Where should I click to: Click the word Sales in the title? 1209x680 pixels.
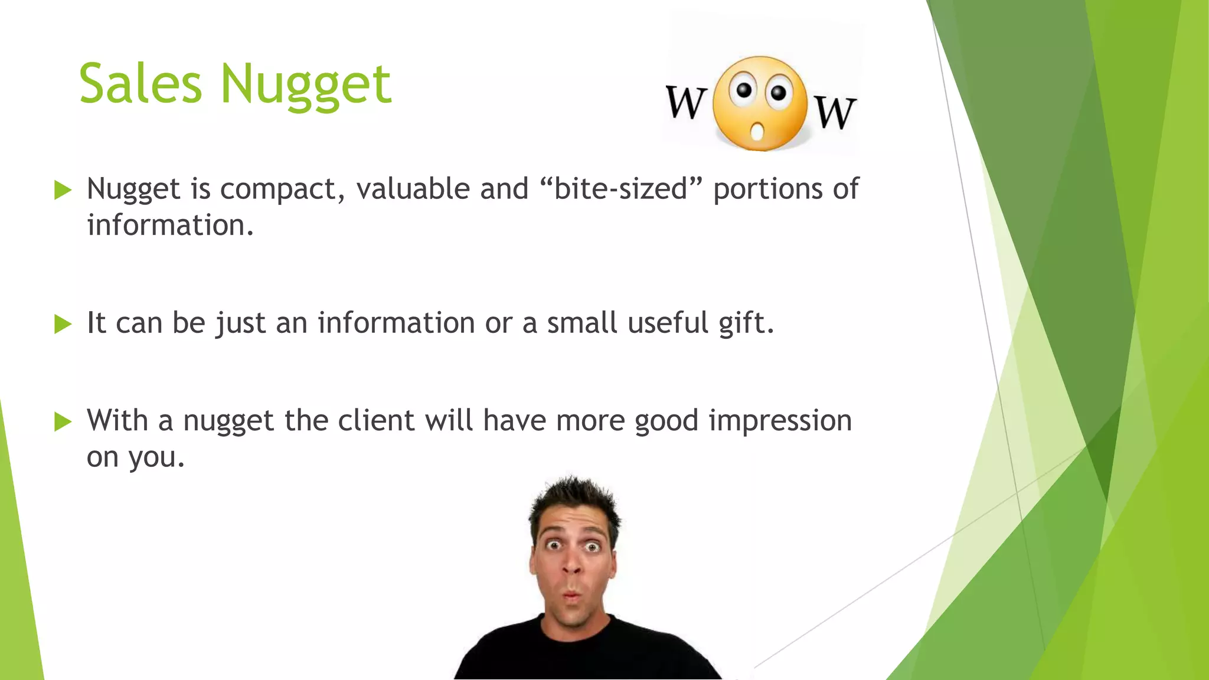[x=140, y=84]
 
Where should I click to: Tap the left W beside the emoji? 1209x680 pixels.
[x=686, y=102]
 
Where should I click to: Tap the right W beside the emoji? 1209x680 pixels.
[x=835, y=112]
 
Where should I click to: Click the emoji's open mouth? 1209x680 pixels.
[x=757, y=131]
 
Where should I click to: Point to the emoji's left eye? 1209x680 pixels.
[x=744, y=90]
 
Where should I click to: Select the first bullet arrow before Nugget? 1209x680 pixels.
[x=62, y=190]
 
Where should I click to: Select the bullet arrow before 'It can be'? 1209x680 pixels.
[x=62, y=323]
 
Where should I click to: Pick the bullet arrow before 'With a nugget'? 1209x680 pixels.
[x=62, y=421]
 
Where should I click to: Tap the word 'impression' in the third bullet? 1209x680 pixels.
[x=780, y=421]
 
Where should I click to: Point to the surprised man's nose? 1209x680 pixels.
[x=571, y=565]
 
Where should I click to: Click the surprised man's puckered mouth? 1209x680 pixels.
[x=571, y=597]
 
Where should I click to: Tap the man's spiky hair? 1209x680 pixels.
[x=573, y=499]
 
